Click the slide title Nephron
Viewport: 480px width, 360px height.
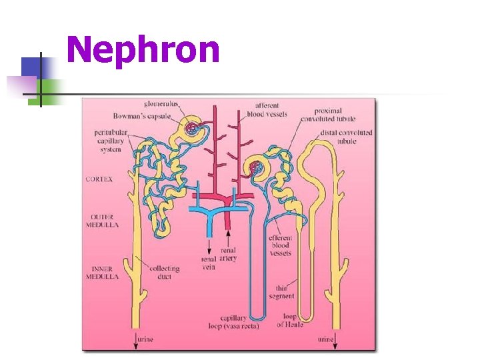pos(143,50)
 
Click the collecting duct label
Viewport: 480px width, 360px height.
pos(165,273)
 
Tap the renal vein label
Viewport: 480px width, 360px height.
pos(208,262)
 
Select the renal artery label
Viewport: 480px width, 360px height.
pos(229,255)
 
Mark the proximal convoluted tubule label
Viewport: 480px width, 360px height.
pos(328,115)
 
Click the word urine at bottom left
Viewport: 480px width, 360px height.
pos(145,339)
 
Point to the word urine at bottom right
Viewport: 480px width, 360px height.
pos(326,339)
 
